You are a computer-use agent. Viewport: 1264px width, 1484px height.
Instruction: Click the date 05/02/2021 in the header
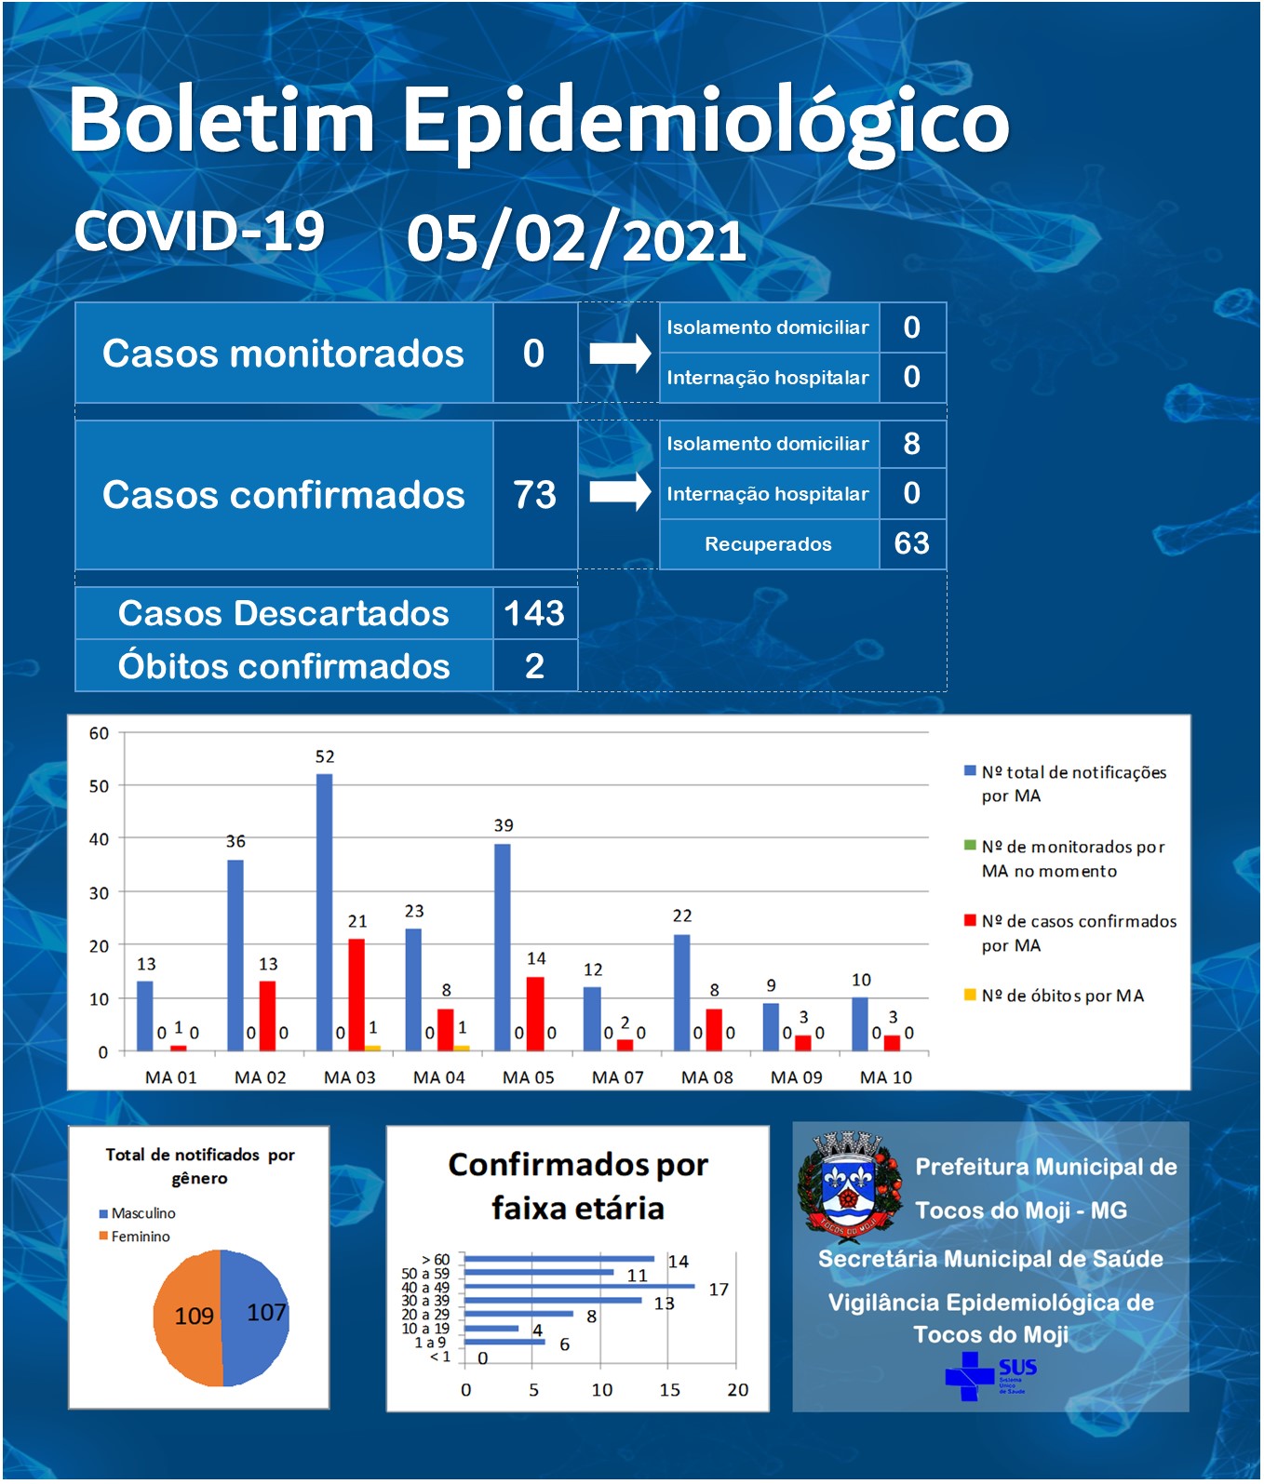576,239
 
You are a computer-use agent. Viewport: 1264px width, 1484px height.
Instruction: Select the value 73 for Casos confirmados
534,495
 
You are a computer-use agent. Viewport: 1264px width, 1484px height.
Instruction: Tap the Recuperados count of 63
911,543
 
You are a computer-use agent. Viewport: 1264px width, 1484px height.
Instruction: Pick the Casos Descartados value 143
534,613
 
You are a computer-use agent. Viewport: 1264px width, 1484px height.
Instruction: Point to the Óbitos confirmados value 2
534,666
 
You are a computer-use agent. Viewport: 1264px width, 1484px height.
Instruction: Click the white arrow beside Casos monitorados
620,353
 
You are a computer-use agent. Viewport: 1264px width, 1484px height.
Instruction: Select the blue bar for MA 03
324,913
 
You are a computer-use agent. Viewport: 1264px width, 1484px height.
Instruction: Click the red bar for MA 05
535,1014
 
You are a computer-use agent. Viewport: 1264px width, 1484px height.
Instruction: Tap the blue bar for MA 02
235,956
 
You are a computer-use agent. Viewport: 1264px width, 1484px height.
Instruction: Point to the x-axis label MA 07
618,1077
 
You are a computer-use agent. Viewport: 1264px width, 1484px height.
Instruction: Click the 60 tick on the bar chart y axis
99,733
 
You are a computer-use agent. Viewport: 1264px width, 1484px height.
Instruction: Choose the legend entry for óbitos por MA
1054,996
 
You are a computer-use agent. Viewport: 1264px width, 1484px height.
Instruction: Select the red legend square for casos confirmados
970,920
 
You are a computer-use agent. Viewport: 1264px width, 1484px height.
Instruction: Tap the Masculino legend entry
137,1213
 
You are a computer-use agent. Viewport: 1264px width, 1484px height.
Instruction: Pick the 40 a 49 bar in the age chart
580,1286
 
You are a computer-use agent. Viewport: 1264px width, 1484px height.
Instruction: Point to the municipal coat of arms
850,1186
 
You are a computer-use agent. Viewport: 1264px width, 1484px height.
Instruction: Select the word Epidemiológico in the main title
706,121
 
